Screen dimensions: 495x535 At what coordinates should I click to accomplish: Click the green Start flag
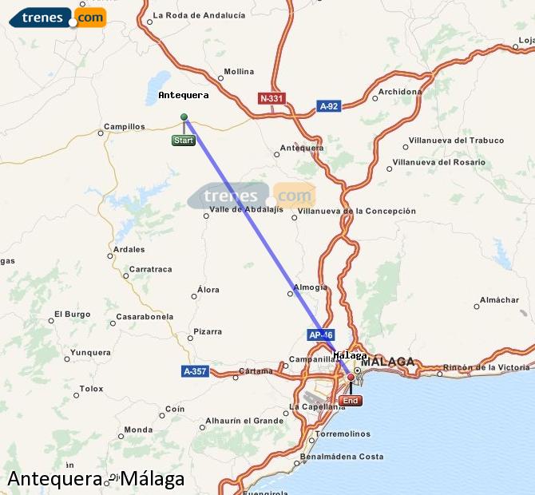tap(183, 141)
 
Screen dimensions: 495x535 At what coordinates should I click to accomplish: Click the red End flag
tap(350, 400)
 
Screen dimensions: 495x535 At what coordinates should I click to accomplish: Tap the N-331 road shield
tap(271, 98)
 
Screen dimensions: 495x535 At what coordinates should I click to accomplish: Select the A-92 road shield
tap(329, 105)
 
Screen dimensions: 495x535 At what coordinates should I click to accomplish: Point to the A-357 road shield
tap(195, 371)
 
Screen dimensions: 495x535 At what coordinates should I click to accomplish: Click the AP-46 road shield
tap(319, 335)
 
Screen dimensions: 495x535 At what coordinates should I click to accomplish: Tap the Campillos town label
tap(125, 126)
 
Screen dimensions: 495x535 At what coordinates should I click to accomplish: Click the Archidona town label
tap(399, 92)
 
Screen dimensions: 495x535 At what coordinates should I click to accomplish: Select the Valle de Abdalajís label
tap(246, 210)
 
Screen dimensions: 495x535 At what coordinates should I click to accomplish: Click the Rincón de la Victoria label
tap(486, 367)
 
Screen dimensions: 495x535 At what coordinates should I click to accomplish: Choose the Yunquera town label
tap(90, 352)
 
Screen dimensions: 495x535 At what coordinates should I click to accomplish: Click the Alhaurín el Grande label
tap(244, 421)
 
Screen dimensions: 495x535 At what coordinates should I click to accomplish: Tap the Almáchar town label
tap(498, 300)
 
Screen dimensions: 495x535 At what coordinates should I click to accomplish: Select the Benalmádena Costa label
tap(341, 457)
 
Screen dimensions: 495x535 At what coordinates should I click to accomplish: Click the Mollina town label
tap(239, 71)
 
